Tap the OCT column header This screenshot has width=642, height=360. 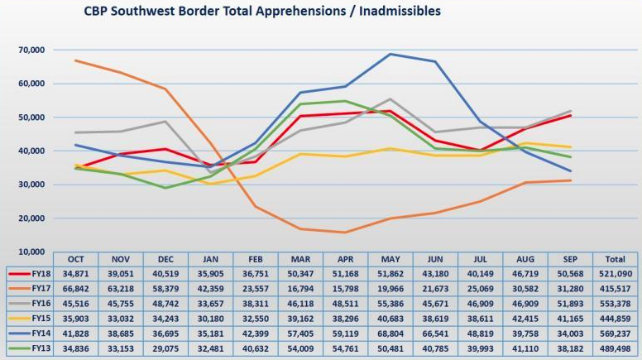pyautogui.click(x=75, y=257)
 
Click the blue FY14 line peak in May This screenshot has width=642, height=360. pyautogui.click(x=390, y=54)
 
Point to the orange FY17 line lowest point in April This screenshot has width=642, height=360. pyautogui.click(x=344, y=233)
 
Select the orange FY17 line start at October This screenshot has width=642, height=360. pyautogui.click(x=75, y=60)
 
